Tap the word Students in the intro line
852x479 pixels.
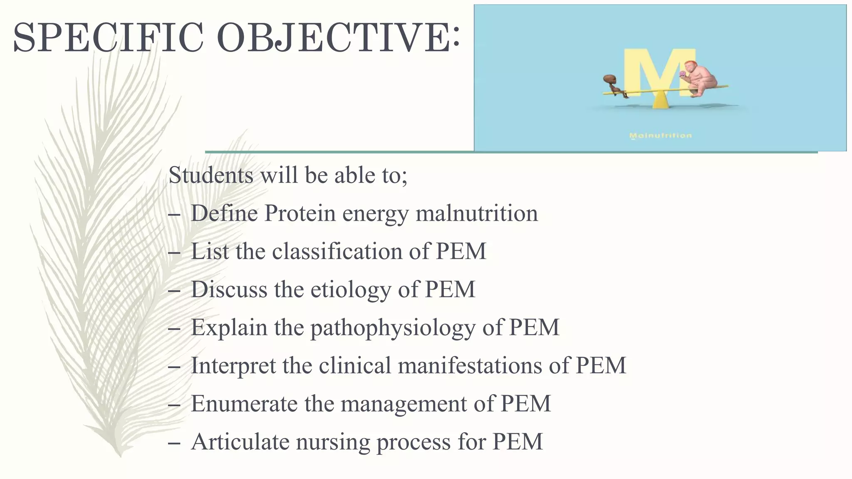coord(211,175)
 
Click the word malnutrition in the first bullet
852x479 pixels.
coord(476,213)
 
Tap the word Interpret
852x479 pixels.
coord(233,366)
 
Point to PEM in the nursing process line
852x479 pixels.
coord(518,442)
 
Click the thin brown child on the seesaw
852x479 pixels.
coord(612,85)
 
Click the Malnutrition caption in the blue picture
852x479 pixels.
coord(660,136)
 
